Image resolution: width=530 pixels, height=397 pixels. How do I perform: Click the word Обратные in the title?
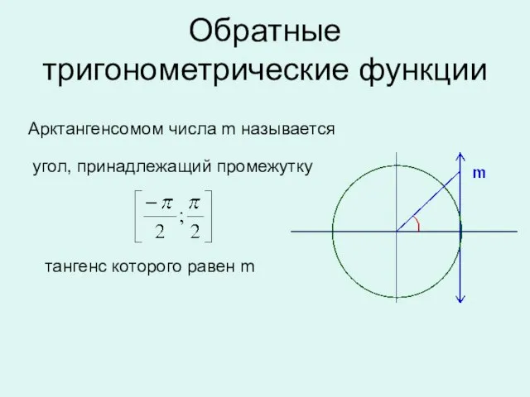(265, 31)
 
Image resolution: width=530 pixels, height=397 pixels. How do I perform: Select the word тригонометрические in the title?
(195, 70)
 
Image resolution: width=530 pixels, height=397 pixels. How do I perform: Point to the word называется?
(288, 129)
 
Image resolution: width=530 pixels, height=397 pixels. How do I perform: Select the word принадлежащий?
(144, 167)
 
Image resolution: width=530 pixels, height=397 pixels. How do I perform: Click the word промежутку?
(265, 167)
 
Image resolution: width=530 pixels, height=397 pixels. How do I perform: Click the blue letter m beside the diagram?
(479, 173)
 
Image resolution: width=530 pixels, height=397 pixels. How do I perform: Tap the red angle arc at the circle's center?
(417, 224)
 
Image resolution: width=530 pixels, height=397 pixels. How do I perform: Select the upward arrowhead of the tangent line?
(460, 156)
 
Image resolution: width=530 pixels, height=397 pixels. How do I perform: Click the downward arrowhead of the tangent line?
(460, 299)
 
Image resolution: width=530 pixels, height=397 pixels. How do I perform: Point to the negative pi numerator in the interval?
(159, 203)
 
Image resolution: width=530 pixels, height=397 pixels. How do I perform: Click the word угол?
(52, 168)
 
